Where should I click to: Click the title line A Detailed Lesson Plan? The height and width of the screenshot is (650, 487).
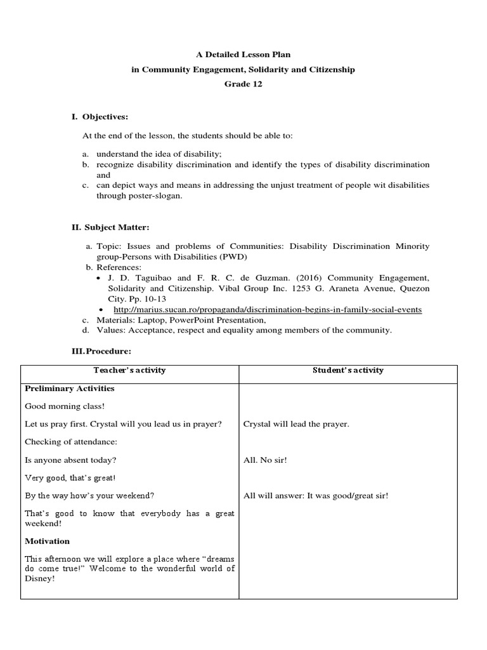[243, 55]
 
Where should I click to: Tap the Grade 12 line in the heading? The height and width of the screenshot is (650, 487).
[243, 84]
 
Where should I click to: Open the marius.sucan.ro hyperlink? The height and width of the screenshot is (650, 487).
[267, 309]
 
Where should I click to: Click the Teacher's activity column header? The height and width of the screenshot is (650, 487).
[129, 370]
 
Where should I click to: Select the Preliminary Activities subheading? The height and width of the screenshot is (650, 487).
[69, 388]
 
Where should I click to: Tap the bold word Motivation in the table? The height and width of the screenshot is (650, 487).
[48, 541]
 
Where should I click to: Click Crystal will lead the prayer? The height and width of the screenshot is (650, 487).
[296, 423]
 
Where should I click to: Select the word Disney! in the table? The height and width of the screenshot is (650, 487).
[40, 578]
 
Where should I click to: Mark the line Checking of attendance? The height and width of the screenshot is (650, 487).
[71, 441]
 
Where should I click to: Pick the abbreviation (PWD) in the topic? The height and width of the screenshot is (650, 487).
[233, 257]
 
